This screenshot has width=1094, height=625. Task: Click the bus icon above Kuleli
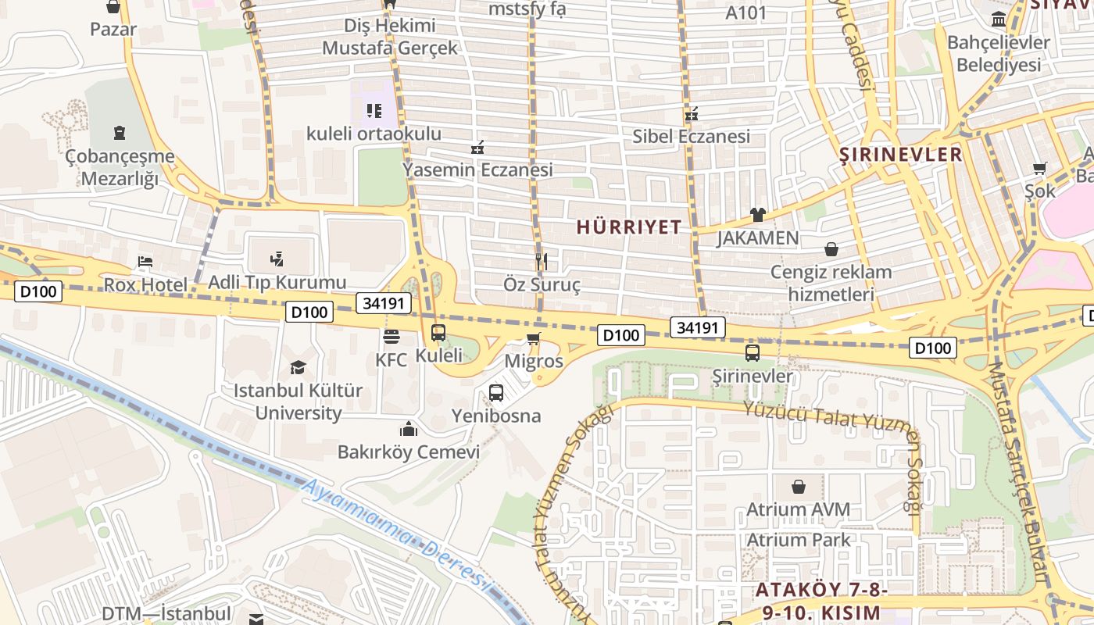438,333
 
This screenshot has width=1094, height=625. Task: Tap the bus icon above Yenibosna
496,393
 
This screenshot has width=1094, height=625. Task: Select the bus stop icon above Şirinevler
753,353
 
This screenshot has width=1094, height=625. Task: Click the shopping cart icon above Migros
534,338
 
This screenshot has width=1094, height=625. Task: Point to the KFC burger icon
391,337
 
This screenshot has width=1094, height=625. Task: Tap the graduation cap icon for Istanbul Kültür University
298,367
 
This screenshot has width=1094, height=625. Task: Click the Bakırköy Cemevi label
408,452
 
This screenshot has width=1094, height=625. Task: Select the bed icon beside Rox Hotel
145,262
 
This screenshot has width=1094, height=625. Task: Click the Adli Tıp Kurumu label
277,282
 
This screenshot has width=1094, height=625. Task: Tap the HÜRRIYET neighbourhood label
629,227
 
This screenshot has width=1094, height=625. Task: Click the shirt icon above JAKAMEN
757,214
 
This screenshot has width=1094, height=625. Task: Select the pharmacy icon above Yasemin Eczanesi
477,147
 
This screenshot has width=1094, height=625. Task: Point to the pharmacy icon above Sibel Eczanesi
691,114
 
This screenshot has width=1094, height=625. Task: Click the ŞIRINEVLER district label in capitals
900,154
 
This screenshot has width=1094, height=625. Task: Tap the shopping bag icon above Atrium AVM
799,487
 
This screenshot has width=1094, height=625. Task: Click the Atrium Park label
798,540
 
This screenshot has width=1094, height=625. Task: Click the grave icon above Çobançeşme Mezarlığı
119,133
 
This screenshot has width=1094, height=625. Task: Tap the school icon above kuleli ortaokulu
374,110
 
